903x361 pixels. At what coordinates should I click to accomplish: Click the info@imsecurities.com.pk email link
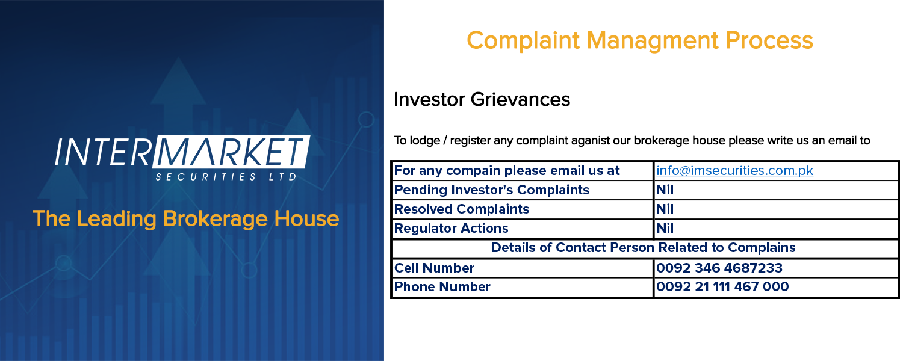click(x=734, y=171)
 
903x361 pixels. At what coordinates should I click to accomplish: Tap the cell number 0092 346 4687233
click(x=719, y=268)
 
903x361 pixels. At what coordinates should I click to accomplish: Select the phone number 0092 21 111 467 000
click(x=722, y=287)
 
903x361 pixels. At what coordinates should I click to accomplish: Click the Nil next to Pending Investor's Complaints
click(x=665, y=190)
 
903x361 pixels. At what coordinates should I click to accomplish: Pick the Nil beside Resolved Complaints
click(x=665, y=209)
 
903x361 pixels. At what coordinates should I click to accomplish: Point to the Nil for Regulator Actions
click(x=665, y=229)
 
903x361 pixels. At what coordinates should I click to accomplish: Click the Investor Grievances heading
click(x=482, y=100)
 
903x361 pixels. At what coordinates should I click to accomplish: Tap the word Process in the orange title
click(x=769, y=41)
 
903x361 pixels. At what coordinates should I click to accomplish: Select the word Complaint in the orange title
click(x=523, y=41)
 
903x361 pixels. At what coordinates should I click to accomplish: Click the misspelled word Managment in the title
click(x=652, y=41)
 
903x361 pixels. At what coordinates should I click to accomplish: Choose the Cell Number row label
click(x=434, y=268)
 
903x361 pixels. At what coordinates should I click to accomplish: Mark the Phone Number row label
click(x=442, y=287)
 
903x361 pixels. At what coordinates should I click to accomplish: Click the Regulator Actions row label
click(x=451, y=229)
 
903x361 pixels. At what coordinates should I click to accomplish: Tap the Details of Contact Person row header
click(x=643, y=248)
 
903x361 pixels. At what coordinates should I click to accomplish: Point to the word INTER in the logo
click(x=103, y=152)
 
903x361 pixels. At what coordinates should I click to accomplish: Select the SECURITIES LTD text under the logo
click(x=226, y=177)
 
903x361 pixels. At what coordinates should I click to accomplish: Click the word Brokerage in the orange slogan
click(x=216, y=219)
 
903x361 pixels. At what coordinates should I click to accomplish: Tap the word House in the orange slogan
click(x=306, y=219)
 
